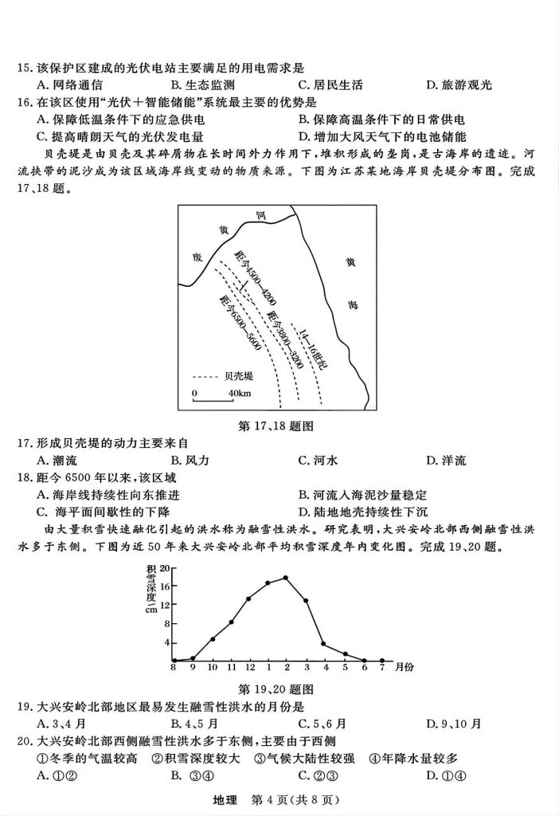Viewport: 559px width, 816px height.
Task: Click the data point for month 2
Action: (x=286, y=578)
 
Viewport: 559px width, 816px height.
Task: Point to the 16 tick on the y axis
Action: (x=165, y=586)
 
